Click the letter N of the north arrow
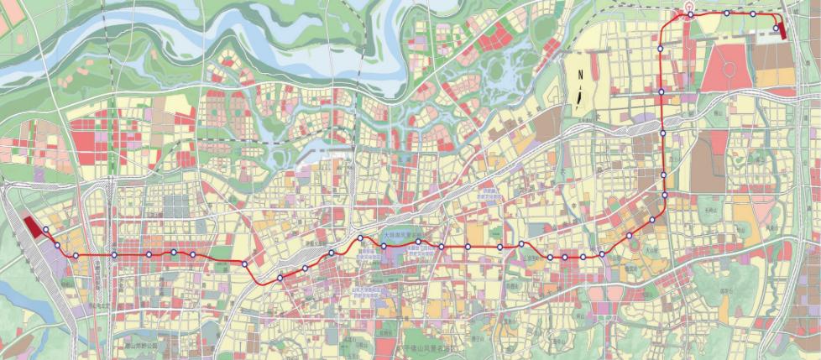tap(578, 73)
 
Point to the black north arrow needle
tap(578, 95)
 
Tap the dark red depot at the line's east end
tap(782, 30)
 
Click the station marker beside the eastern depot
tap(776, 29)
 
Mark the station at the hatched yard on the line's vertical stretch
tap(663, 133)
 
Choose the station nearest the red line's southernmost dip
tap(280, 278)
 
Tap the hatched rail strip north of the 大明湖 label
tap(395, 225)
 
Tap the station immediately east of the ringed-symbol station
tap(726, 13)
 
